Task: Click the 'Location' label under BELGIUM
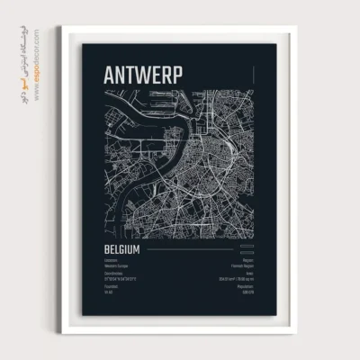click(x=112, y=260)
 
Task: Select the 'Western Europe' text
click(x=117, y=265)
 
